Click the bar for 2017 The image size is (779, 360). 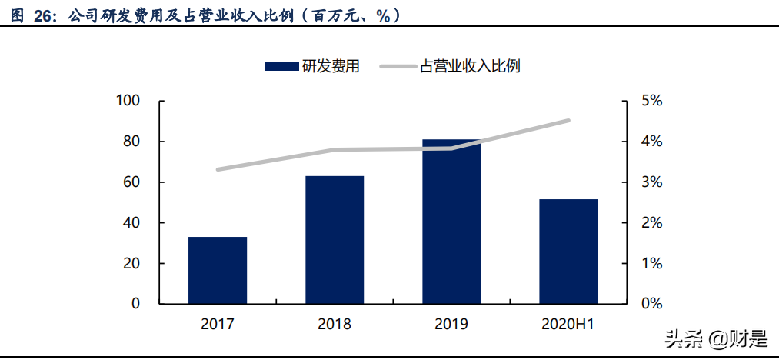coord(218,270)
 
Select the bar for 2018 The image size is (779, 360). coord(335,239)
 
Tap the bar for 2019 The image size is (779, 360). coord(451,222)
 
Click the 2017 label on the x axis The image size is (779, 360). coord(218,325)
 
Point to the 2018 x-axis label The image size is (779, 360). coord(335,325)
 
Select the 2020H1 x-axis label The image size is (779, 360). coord(568,325)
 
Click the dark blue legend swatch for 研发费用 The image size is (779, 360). coord(281,66)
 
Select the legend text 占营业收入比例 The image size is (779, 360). coord(470,66)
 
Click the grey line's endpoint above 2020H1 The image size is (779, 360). coord(568,120)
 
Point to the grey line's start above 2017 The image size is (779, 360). coord(218,169)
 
